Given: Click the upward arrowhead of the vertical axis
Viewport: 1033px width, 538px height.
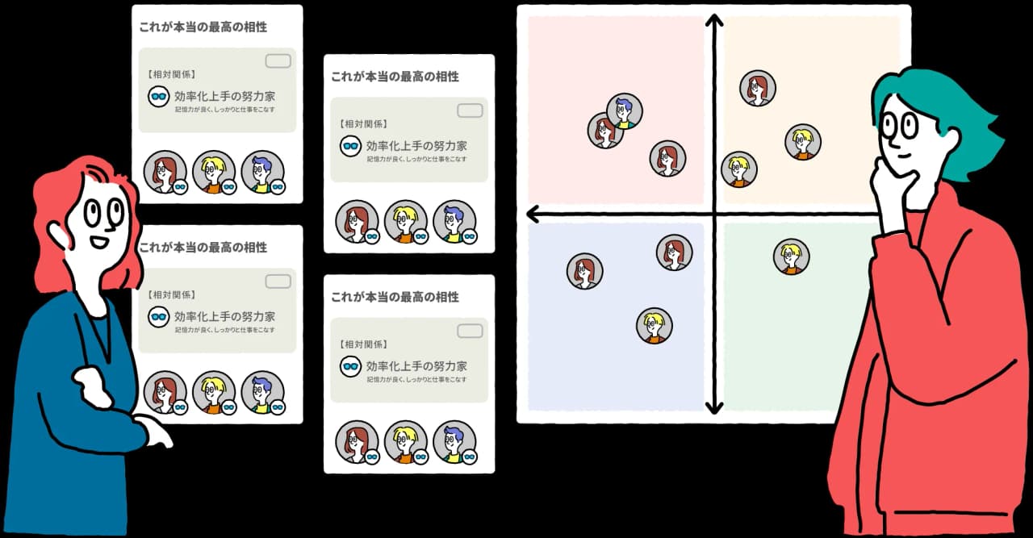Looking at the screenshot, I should pos(714,21).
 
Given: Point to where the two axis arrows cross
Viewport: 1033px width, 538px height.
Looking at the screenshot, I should pos(714,214).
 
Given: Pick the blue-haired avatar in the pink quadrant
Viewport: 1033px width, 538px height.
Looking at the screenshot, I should pos(625,111).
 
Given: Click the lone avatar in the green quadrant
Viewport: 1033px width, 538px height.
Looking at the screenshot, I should pos(791,256).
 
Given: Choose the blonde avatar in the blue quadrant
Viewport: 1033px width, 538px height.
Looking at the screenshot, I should pos(654,326).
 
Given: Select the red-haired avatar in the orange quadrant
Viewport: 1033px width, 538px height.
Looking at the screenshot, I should pos(758,88).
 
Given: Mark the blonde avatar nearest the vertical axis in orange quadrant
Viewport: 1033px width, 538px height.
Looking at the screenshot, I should pos(738,169).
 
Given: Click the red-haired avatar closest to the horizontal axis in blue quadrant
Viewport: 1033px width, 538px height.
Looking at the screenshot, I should pos(674,252).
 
